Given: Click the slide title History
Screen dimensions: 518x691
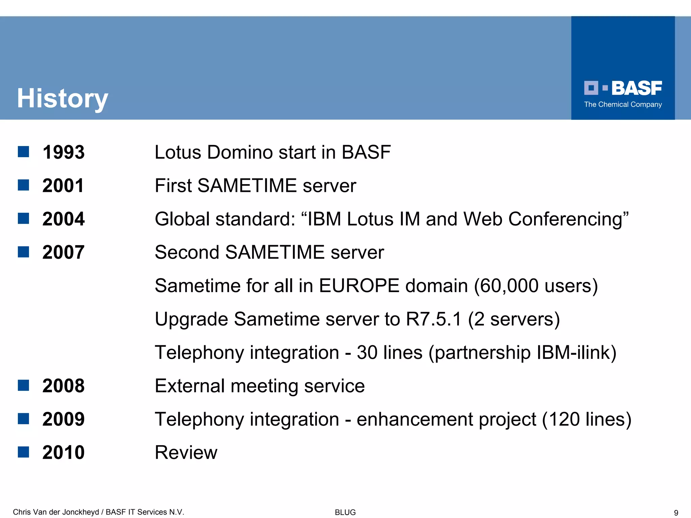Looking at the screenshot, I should [62, 98].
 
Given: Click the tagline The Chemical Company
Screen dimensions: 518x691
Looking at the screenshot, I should [623, 105].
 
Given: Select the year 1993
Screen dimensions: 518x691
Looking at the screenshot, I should [63, 152].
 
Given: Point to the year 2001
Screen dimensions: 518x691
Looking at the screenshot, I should [63, 185].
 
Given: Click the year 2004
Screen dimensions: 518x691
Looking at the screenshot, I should [63, 219].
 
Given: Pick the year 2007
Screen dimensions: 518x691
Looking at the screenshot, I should [63, 252].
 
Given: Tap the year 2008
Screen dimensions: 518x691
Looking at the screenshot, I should [63, 386].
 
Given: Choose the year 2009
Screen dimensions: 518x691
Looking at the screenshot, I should [63, 419].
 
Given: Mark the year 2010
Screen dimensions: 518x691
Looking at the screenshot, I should [63, 453].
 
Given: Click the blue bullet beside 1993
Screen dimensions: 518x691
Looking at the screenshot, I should [23, 152].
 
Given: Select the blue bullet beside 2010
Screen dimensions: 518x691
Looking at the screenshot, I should [23, 452].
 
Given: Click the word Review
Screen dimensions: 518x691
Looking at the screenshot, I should [186, 453].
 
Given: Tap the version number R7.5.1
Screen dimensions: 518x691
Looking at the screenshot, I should [434, 319].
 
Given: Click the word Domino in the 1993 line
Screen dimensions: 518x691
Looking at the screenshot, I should [240, 152].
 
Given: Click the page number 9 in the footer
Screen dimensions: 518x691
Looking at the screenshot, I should [676, 513].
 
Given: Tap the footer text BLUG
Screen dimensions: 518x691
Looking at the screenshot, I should [345, 512].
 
